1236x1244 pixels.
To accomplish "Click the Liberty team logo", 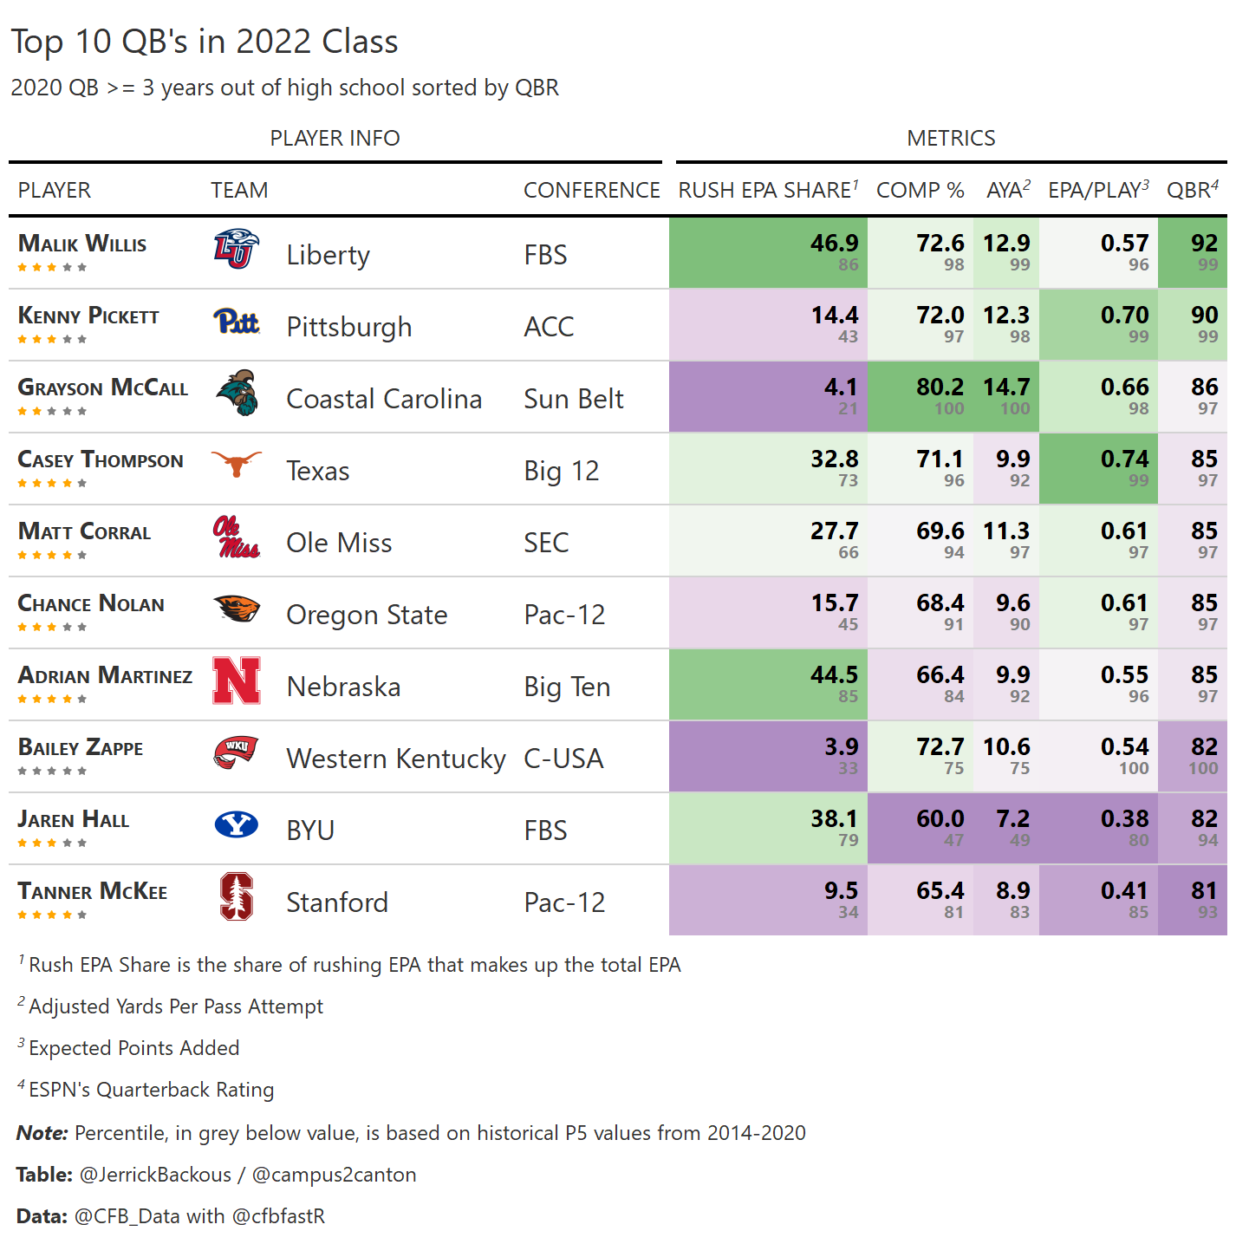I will click(236, 249).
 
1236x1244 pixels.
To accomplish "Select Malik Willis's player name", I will click(82, 244).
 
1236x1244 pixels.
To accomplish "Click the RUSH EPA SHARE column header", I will click(767, 190).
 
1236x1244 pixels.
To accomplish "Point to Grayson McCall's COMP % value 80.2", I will click(940, 387).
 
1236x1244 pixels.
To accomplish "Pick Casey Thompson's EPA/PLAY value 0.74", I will click(1124, 459).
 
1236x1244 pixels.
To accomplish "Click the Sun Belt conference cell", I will click(574, 399).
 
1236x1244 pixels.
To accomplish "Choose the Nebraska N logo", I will click(237, 681).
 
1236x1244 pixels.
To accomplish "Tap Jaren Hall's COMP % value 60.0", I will click(940, 818).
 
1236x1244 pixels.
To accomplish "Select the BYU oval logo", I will click(236, 824).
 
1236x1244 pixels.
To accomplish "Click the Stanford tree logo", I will click(237, 896).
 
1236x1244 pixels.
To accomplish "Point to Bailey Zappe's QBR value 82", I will click(1204, 746).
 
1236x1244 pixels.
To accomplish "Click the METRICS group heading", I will click(951, 138).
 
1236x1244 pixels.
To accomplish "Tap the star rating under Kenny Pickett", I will click(52, 339).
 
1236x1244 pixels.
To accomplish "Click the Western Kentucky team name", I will click(396, 759).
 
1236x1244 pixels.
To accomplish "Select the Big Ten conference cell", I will click(567, 687).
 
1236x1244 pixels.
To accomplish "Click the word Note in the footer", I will click(42, 1133).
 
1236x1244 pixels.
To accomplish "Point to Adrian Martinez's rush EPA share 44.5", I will click(834, 674).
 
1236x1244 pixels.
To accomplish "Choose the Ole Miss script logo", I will click(236, 537).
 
